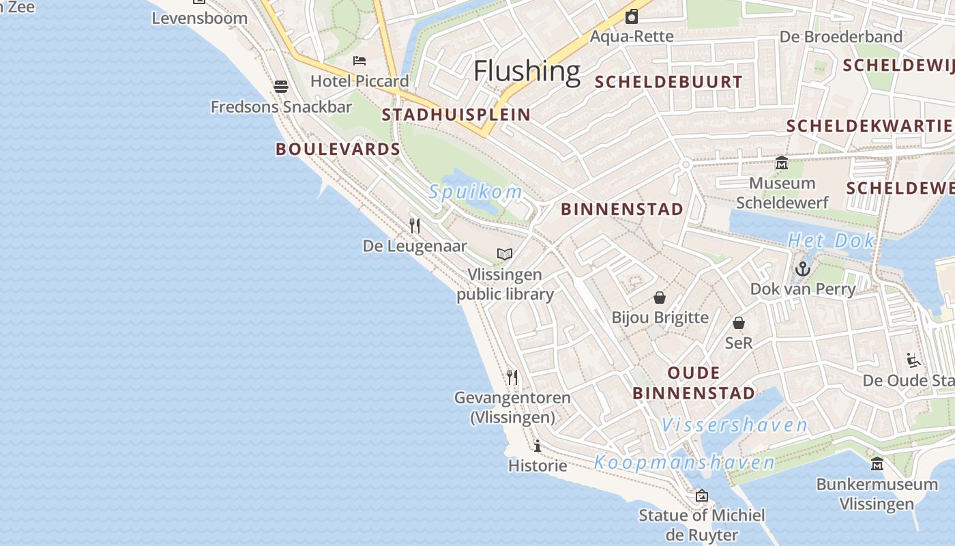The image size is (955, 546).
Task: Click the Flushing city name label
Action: (527, 71)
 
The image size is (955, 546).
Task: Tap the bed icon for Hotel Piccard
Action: (359, 61)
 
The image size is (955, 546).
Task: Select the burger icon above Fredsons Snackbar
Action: (281, 87)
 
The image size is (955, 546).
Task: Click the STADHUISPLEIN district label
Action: (456, 115)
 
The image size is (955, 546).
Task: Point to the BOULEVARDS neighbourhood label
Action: (338, 149)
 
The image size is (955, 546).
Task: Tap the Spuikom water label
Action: (475, 192)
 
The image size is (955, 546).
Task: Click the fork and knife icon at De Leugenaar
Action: (415, 225)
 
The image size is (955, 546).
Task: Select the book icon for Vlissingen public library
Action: (505, 255)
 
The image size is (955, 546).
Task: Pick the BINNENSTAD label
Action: (621, 210)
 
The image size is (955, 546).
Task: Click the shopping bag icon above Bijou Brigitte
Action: (660, 298)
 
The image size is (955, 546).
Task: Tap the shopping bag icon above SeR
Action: (739, 323)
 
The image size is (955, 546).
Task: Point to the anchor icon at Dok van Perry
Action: (803, 269)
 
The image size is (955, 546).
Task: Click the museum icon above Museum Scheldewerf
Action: (782, 163)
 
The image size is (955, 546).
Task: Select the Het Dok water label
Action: (831, 240)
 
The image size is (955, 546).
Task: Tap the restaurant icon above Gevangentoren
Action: (512, 377)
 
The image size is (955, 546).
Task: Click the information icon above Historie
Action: (538, 446)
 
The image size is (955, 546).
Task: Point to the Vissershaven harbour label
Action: (734, 425)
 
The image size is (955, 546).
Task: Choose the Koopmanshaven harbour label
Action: (684, 463)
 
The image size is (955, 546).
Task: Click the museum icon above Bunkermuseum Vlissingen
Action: (877, 464)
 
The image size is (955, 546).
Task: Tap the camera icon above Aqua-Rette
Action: (632, 16)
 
